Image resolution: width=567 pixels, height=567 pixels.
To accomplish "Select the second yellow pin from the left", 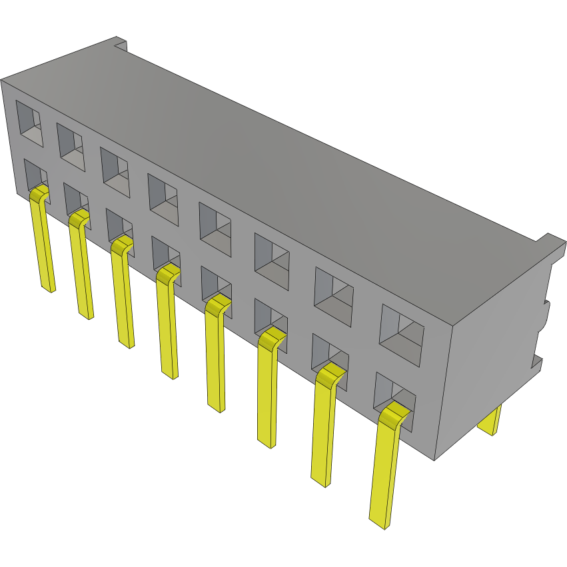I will coord(81,267).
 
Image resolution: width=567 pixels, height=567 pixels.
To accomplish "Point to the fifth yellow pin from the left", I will coord(215,356).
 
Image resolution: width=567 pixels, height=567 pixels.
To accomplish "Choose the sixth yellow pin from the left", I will coord(267,390).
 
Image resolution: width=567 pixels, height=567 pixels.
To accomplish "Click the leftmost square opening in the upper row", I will coord(29,123).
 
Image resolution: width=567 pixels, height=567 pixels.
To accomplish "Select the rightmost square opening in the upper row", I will coord(401,335).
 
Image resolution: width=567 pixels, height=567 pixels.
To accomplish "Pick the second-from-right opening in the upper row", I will coord(334,296).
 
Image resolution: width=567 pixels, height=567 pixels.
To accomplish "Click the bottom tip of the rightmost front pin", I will coord(378,522).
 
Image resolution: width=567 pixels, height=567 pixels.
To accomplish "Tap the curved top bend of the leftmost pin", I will coord(40,193).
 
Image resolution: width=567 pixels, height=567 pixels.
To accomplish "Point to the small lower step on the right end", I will coord(537,364).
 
